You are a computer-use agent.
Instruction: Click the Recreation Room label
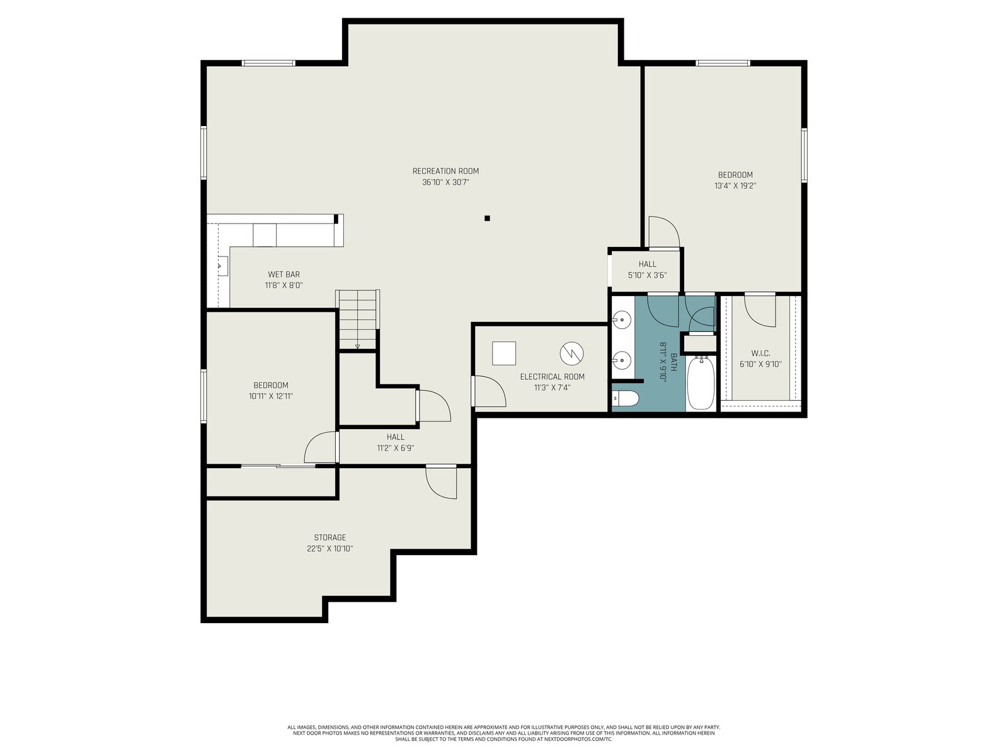(445, 171)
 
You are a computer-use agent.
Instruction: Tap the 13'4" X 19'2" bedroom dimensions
(735, 186)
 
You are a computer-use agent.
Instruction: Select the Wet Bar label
(283, 275)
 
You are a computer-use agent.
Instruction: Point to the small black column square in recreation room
(487, 219)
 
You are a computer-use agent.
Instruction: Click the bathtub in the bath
(701, 383)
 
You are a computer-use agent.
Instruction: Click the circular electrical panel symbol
(572, 353)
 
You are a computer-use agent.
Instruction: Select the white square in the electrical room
(504, 353)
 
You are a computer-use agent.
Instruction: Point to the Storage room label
(329, 537)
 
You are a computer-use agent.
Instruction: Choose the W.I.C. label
(760, 353)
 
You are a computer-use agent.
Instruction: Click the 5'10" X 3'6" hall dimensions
(647, 275)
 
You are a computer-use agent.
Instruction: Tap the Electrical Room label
(552, 377)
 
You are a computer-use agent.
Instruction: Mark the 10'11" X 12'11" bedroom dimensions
(271, 396)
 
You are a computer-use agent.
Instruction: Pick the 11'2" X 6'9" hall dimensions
(396, 448)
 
